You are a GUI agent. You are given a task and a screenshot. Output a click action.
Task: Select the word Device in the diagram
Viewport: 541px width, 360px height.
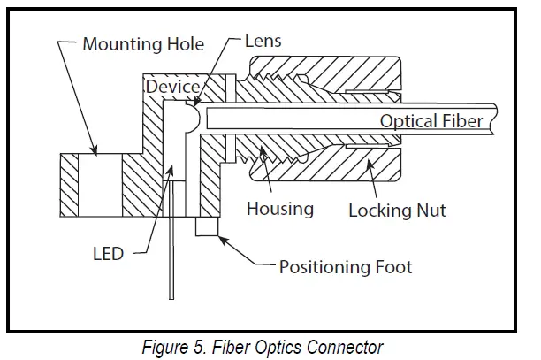click(172, 87)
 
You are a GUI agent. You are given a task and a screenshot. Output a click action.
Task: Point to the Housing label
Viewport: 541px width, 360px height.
click(279, 209)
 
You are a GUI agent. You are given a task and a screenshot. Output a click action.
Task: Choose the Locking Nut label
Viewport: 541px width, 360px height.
click(397, 211)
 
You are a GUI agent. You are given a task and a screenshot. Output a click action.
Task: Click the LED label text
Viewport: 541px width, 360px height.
click(108, 254)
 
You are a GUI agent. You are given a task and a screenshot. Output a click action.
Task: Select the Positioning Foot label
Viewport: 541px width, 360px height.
click(346, 265)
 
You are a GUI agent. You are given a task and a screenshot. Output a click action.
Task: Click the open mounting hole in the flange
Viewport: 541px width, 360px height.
click(91, 183)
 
